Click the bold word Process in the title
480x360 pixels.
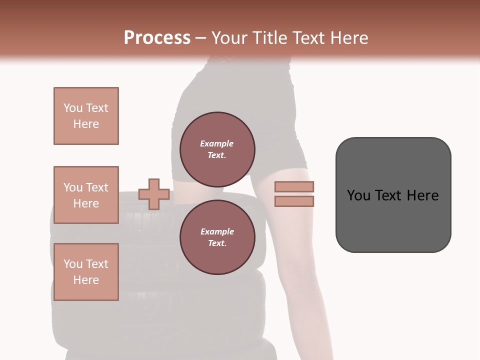point(157,38)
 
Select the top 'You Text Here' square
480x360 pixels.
point(86,116)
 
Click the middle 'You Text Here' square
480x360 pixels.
point(86,195)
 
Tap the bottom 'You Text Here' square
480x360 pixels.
point(86,272)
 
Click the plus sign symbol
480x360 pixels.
point(153,194)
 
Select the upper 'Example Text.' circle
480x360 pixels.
point(217,149)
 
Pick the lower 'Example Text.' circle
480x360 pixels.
point(217,237)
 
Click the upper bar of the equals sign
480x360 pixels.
point(294,186)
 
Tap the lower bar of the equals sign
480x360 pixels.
point(294,201)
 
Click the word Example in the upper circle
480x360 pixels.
point(217,143)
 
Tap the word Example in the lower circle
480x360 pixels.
point(217,231)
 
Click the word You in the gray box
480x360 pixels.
point(358,195)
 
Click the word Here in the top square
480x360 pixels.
point(86,124)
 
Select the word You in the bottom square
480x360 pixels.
point(73,264)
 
